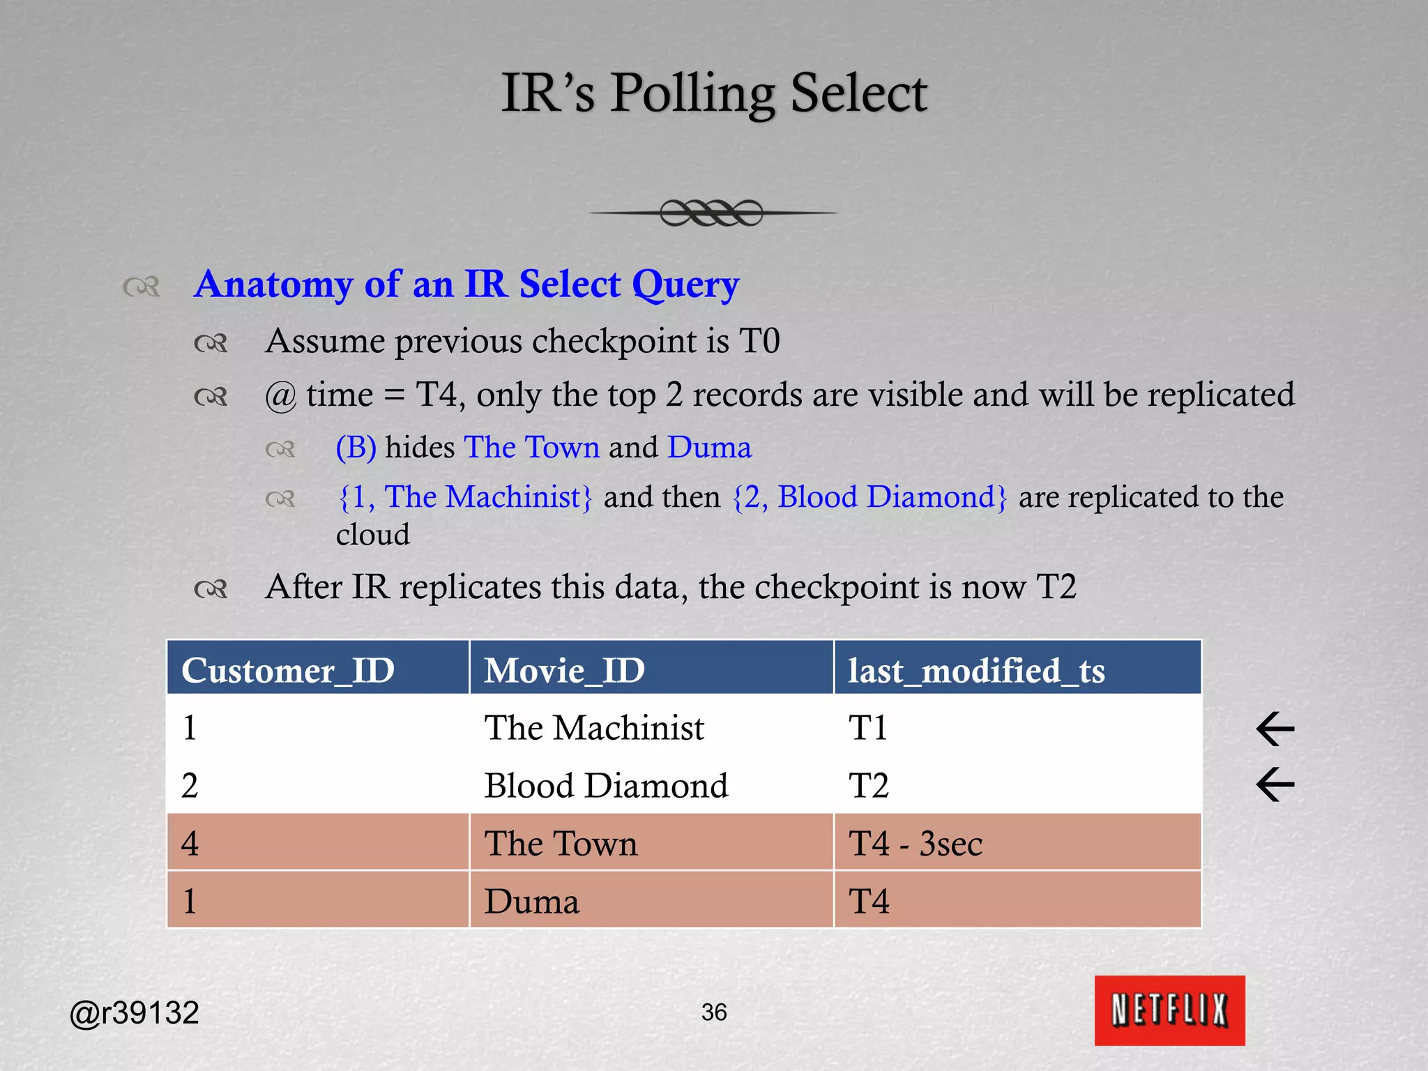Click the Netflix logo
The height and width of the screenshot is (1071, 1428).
coord(1169,1010)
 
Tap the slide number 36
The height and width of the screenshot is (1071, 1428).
coord(714,1012)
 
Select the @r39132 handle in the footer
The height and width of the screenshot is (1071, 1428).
coord(135,1012)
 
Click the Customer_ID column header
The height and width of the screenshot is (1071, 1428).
coord(288,670)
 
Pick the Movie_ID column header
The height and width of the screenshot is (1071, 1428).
coord(564,670)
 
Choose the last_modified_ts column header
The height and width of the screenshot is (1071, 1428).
coord(976,670)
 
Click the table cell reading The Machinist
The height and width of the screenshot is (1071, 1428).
coord(594,728)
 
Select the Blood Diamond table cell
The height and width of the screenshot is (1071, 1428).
coord(606,786)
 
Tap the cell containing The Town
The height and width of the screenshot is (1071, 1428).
coord(561,844)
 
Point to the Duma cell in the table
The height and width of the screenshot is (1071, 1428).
coord(532,902)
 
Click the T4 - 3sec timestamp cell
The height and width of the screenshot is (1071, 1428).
coord(915,844)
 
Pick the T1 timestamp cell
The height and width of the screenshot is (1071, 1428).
coord(868,728)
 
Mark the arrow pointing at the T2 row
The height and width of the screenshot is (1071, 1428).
coord(1275,784)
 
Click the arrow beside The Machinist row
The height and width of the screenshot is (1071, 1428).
coord(1275,729)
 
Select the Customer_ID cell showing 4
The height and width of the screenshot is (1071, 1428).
coord(190,844)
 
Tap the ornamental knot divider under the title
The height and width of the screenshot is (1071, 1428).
coord(712,213)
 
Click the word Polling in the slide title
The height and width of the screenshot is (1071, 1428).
coord(692,94)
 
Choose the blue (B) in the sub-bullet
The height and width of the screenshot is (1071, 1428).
coord(356,448)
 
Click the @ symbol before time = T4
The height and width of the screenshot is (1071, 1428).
coord(280,396)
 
